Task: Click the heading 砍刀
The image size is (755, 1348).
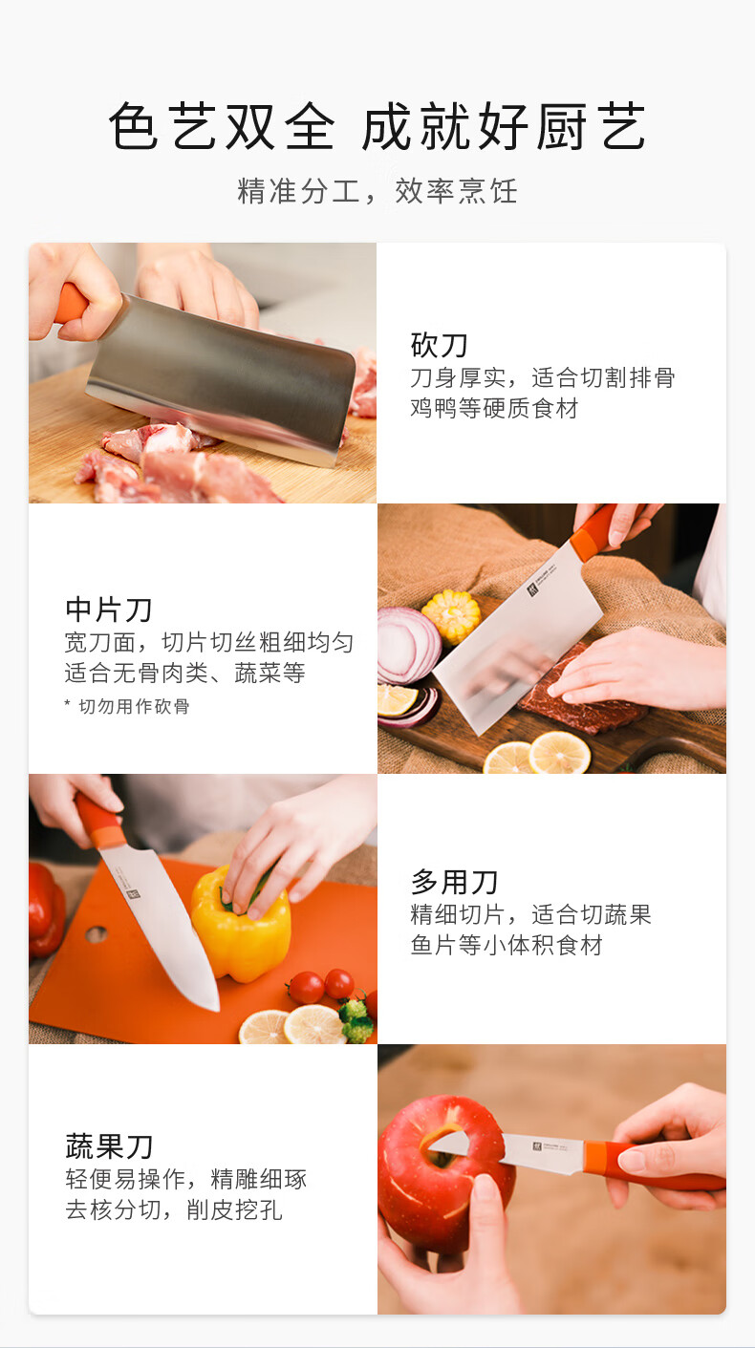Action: pyautogui.click(x=439, y=345)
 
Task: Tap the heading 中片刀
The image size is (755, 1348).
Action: pyautogui.click(x=108, y=609)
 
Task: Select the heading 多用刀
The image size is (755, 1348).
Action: pyautogui.click(x=454, y=882)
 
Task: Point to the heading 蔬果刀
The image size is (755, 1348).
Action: pyautogui.click(x=108, y=1145)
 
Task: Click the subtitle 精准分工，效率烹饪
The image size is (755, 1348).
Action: pyautogui.click(x=377, y=191)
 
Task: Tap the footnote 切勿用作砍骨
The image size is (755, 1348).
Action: pyautogui.click(x=134, y=706)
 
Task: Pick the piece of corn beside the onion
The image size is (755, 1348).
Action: pyautogui.click(x=451, y=614)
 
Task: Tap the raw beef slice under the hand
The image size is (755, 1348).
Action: pyautogui.click(x=581, y=698)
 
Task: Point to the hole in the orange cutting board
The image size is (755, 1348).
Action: pyautogui.click(x=97, y=933)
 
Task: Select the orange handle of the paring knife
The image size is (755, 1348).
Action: pyautogui.click(x=654, y=1165)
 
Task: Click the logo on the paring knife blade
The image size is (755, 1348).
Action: pyautogui.click(x=537, y=1145)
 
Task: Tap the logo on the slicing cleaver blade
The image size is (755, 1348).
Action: pyautogui.click(x=533, y=588)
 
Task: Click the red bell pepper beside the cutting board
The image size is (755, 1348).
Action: pyautogui.click(x=46, y=909)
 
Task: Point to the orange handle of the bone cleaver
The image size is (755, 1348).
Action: pyautogui.click(x=71, y=304)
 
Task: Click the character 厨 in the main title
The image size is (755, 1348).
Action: pyautogui.click(x=562, y=126)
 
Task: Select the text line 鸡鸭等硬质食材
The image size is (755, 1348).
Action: pyautogui.click(x=494, y=408)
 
